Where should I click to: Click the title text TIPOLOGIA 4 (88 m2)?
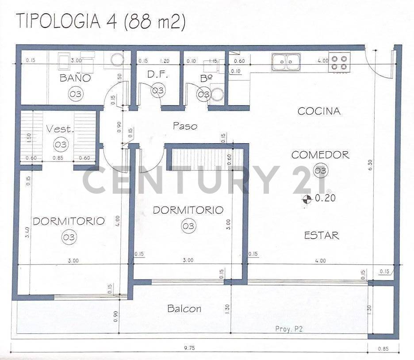pos(100,21)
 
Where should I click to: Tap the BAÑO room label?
pos(75,78)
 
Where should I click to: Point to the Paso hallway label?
pos(184,126)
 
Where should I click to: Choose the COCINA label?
pos(319,111)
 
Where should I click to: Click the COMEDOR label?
pos(320,155)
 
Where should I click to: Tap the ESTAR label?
pos(322,235)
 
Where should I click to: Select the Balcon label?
pos(184,309)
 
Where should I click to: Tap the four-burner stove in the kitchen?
pos(339,62)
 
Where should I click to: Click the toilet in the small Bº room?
pos(216,94)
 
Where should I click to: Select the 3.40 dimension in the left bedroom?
pos(27,233)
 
